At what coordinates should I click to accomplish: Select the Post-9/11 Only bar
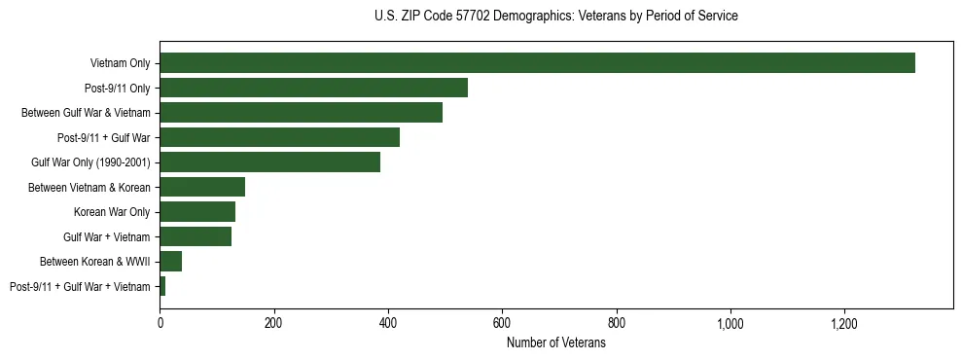(313, 88)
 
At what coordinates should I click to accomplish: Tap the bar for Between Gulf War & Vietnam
(301, 113)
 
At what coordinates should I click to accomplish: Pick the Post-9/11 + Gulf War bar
(279, 137)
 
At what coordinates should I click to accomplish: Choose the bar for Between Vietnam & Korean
(202, 187)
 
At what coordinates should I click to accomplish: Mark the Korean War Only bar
(197, 212)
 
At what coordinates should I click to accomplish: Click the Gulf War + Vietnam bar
(196, 236)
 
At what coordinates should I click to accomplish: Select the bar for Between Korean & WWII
(171, 261)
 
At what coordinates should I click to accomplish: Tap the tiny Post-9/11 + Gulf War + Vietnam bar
(162, 286)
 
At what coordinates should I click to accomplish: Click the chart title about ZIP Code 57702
(555, 17)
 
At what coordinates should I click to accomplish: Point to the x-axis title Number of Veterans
(555, 343)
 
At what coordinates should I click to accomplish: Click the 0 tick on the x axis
(160, 324)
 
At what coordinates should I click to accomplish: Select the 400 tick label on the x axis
(388, 324)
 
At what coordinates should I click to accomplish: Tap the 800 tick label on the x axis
(616, 324)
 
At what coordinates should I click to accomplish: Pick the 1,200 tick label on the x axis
(843, 324)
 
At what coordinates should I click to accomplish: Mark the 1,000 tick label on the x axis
(730, 324)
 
